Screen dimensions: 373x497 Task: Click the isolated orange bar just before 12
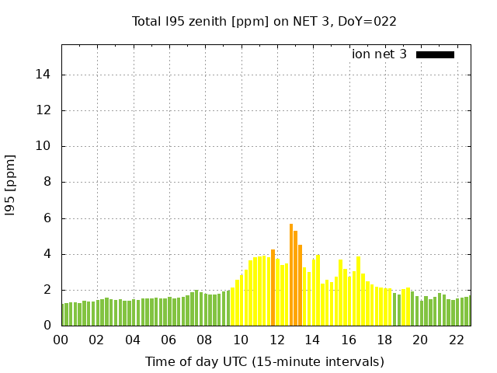(273, 288)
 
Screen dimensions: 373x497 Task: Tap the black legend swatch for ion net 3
(435, 54)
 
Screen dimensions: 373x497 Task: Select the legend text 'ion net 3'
(379, 54)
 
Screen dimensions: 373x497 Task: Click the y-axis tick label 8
(47, 183)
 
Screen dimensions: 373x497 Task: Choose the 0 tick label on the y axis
(47, 326)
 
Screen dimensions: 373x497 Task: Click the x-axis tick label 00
(61, 340)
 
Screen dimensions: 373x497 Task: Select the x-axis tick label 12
(276, 340)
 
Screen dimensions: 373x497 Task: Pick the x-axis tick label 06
(169, 340)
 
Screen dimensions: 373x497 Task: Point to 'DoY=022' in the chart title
(371, 21)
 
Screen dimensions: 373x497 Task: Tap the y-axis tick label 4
(47, 254)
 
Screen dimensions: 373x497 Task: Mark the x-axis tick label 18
(384, 340)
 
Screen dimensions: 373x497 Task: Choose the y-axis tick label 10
(44, 146)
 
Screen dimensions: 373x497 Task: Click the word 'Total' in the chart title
(147, 21)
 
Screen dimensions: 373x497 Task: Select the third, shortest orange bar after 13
(300, 285)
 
